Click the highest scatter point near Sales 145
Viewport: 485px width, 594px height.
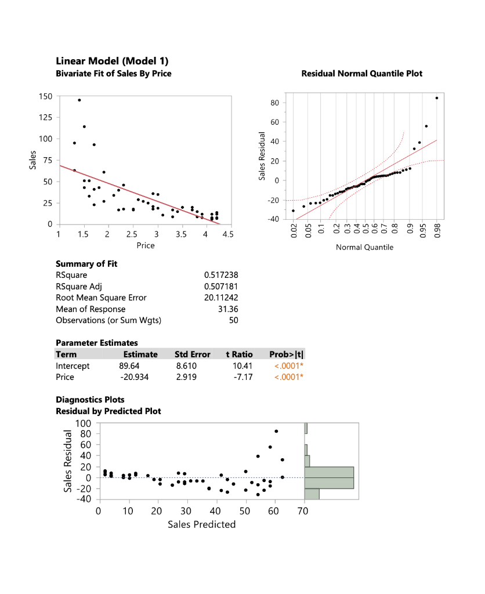79,100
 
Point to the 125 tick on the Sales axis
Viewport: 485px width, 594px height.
45,118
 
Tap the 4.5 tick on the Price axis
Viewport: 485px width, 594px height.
227,235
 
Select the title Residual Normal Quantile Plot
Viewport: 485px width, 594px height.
362,74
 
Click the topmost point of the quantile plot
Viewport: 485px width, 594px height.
437,98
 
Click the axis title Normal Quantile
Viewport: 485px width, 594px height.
364,248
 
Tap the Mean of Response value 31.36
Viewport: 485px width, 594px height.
227,309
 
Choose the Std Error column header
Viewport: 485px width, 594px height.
192,354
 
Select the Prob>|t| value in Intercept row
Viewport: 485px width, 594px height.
289,366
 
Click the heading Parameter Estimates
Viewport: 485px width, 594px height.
96,343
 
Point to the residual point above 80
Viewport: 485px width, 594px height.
276,431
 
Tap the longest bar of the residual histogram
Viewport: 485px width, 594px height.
329,477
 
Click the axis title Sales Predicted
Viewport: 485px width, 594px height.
201,525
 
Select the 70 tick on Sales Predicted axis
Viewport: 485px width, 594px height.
302,511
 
